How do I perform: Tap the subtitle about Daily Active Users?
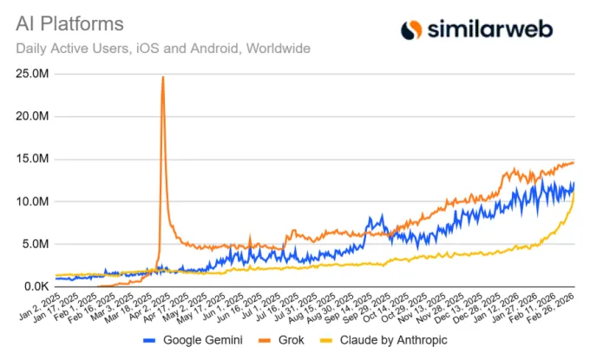[163, 48]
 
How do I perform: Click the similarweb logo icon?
[411, 29]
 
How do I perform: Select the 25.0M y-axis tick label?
[30, 75]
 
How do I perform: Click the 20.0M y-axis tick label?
[30, 117]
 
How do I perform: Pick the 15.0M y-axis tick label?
[30, 160]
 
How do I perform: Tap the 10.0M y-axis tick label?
[30, 201]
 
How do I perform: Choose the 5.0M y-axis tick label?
[33, 244]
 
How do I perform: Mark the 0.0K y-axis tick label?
[33, 286]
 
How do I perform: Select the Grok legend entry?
[289, 340]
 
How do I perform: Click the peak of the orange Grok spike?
[163, 77]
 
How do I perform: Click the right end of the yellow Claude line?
[574, 193]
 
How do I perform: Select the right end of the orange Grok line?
[574, 162]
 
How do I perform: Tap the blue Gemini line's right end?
[574, 183]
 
